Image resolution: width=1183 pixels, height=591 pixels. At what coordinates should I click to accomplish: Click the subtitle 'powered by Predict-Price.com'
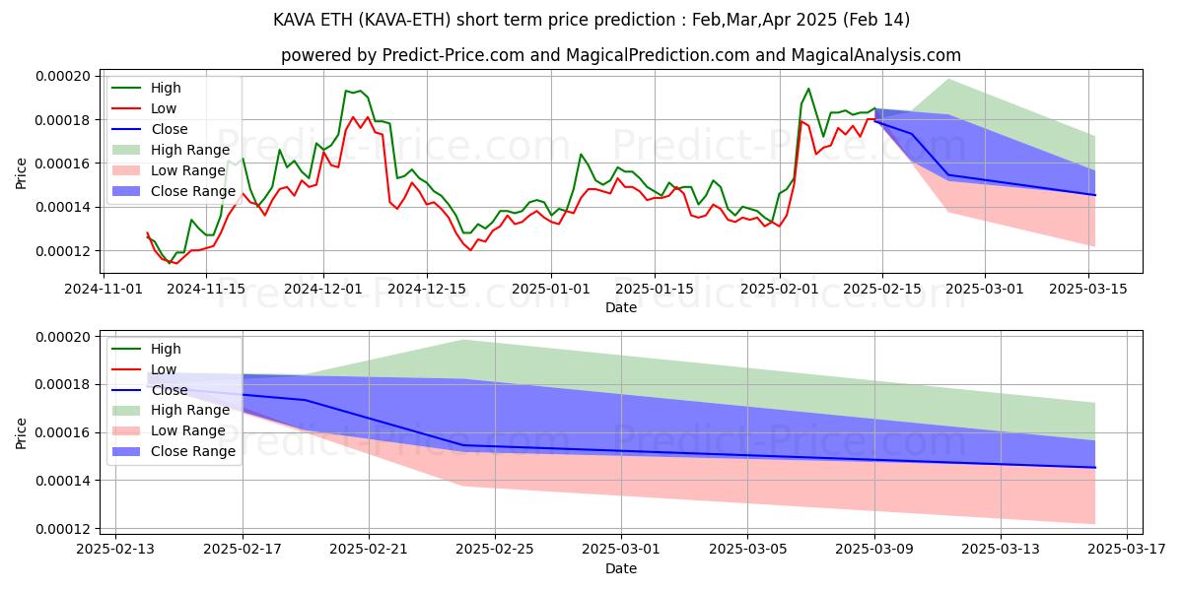click(x=621, y=55)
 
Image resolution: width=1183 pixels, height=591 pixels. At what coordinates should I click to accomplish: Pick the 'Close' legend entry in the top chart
click(x=171, y=129)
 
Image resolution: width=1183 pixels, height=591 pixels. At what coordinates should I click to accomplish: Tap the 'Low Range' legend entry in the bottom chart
click(x=192, y=430)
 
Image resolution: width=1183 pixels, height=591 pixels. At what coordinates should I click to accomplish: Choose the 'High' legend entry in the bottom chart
click(x=166, y=349)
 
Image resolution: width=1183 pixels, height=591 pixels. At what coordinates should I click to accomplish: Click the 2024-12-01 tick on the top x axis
click(x=324, y=289)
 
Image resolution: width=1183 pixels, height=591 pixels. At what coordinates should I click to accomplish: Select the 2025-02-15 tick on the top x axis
click(x=881, y=289)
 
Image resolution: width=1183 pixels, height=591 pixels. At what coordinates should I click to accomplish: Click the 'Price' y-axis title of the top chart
click(x=22, y=172)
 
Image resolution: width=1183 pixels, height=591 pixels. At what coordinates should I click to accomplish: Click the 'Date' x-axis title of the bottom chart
click(x=621, y=568)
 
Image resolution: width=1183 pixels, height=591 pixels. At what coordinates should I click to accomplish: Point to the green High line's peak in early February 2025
click(x=808, y=89)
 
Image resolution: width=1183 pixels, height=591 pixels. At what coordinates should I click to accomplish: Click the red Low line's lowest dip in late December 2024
click(x=470, y=250)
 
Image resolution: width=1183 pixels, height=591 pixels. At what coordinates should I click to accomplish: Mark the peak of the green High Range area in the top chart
click(x=948, y=79)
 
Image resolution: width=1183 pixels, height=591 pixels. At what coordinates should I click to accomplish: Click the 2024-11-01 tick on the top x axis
click(x=104, y=289)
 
